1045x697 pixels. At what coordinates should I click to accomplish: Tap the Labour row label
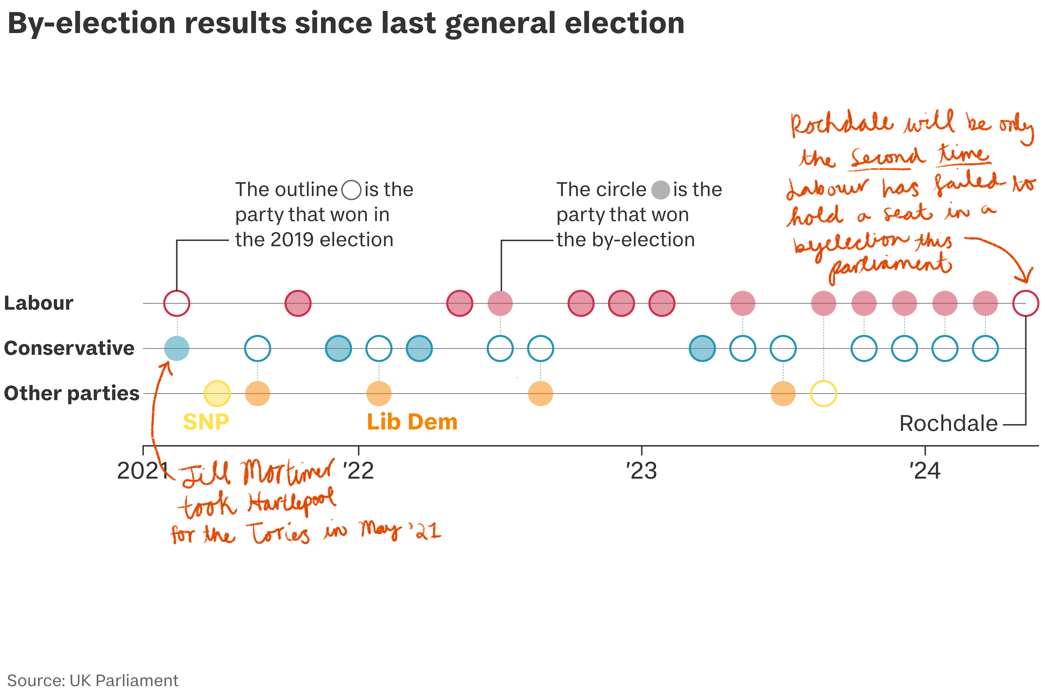39,303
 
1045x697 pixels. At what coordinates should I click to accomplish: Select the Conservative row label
69,348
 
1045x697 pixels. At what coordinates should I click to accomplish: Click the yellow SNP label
206,421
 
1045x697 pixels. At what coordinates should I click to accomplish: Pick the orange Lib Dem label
412,421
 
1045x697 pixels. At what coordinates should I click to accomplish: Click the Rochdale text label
948,423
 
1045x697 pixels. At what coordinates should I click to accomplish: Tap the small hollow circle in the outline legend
351,190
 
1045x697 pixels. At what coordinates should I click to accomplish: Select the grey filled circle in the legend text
660,190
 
